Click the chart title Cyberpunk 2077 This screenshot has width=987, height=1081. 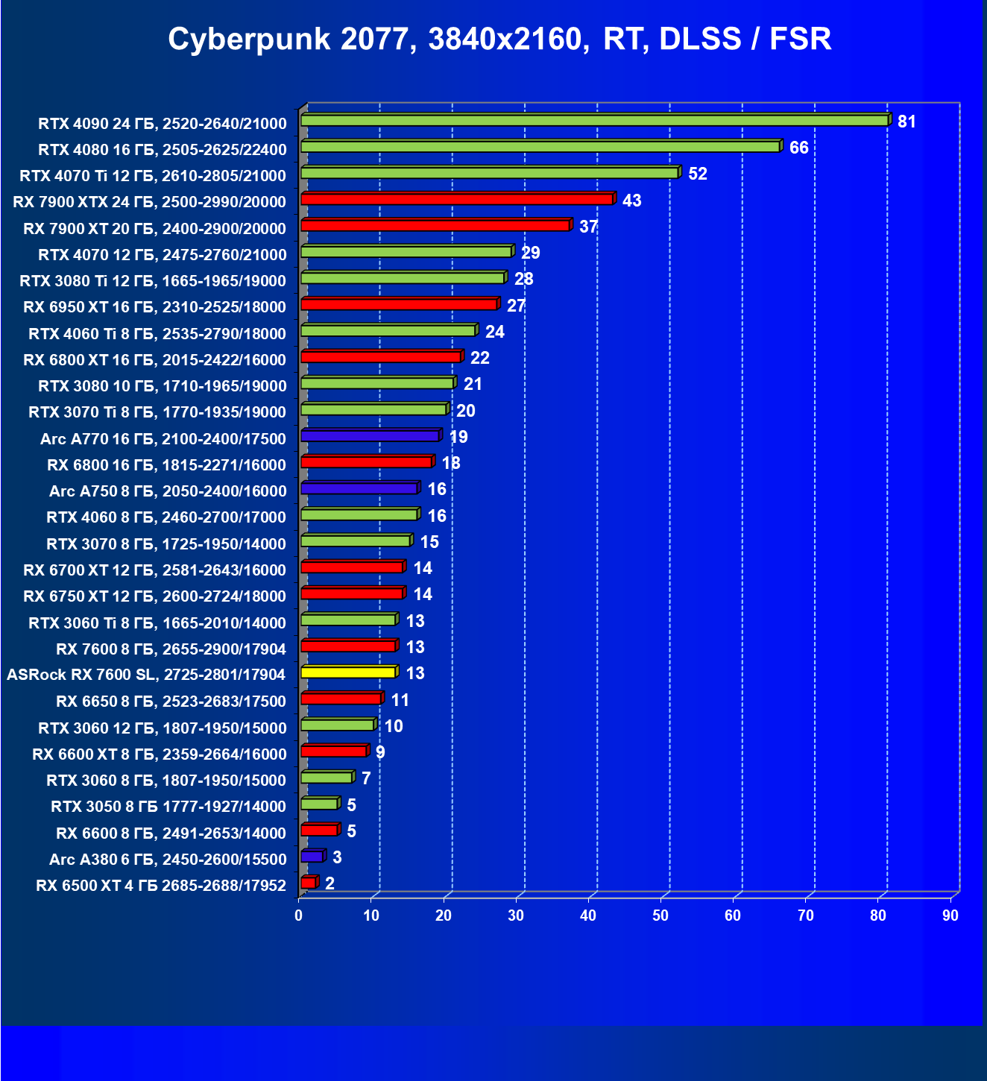click(x=499, y=39)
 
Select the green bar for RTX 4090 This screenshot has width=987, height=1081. click(x=594, y=120)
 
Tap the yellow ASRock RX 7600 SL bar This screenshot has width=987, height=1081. click(x=348, y=672)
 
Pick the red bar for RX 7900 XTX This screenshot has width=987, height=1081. click(x=456, y=199)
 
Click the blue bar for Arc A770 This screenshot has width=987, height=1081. click(x=370, y=436)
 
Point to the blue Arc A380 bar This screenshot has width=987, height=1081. click(x=312, y=857)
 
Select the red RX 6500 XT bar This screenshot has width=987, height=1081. click(x=308, y=883)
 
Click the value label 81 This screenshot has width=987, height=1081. click(x=906, y=122)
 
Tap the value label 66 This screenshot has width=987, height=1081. click(x=798, y=148)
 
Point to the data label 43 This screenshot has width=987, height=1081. click(x=631, y=201)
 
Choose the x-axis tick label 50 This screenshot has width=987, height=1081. click(x=660, y=915)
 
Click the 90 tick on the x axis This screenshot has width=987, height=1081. click(x=950, y=915)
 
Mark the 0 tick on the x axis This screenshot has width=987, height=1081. click(x=299, y=915)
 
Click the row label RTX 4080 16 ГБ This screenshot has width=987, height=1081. click(x=163, y=150)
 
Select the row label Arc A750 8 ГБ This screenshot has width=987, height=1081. click(x=168, y=491)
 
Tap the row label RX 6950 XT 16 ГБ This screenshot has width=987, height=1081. click(x=154, y=307)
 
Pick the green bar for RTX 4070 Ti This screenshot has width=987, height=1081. click(x=489, y=173)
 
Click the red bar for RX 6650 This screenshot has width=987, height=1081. click(x=341, y=699)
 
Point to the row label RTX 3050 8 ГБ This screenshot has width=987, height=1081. click(x=168, y=807)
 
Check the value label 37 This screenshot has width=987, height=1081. click(x=588, y=227)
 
